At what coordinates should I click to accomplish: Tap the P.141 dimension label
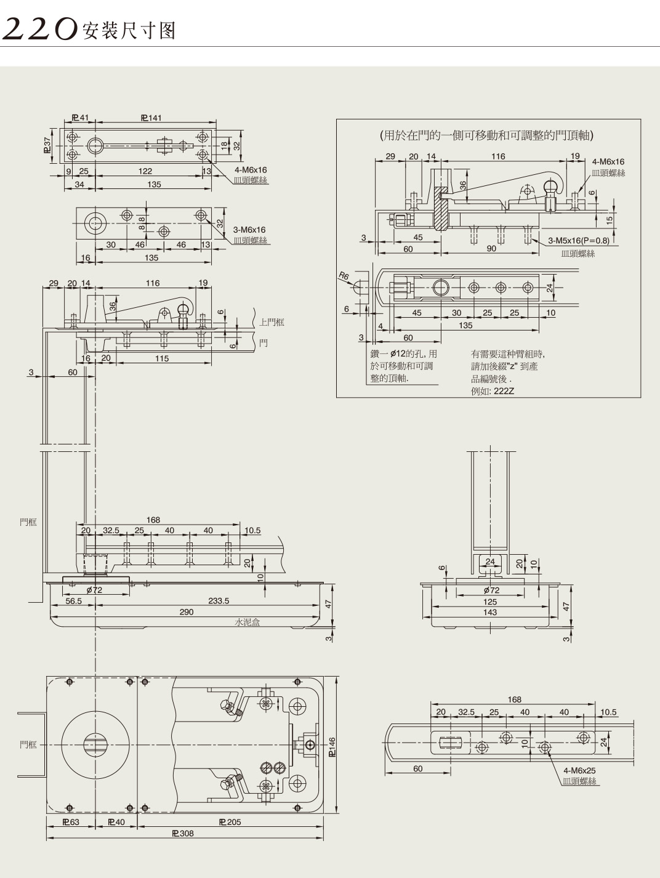point(151,118)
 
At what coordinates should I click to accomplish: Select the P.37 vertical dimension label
point(47,145)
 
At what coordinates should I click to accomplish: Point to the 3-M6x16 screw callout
point(249,230)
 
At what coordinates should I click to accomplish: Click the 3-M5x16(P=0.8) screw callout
point(578,240)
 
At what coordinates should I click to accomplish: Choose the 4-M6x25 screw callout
point(579,770)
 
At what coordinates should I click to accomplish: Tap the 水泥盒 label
point(247,622)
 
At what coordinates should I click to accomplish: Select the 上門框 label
point(272,322)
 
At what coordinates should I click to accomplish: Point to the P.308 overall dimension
point(183,834)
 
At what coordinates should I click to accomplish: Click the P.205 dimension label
point(230,822)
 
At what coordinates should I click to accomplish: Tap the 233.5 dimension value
point(219,601)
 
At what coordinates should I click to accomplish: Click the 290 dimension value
point(186,612)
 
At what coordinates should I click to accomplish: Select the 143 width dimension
point(490,612)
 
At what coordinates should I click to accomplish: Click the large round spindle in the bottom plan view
point(95,745)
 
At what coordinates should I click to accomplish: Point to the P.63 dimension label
point(71,822)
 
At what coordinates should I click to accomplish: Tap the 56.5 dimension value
point(74,601)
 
